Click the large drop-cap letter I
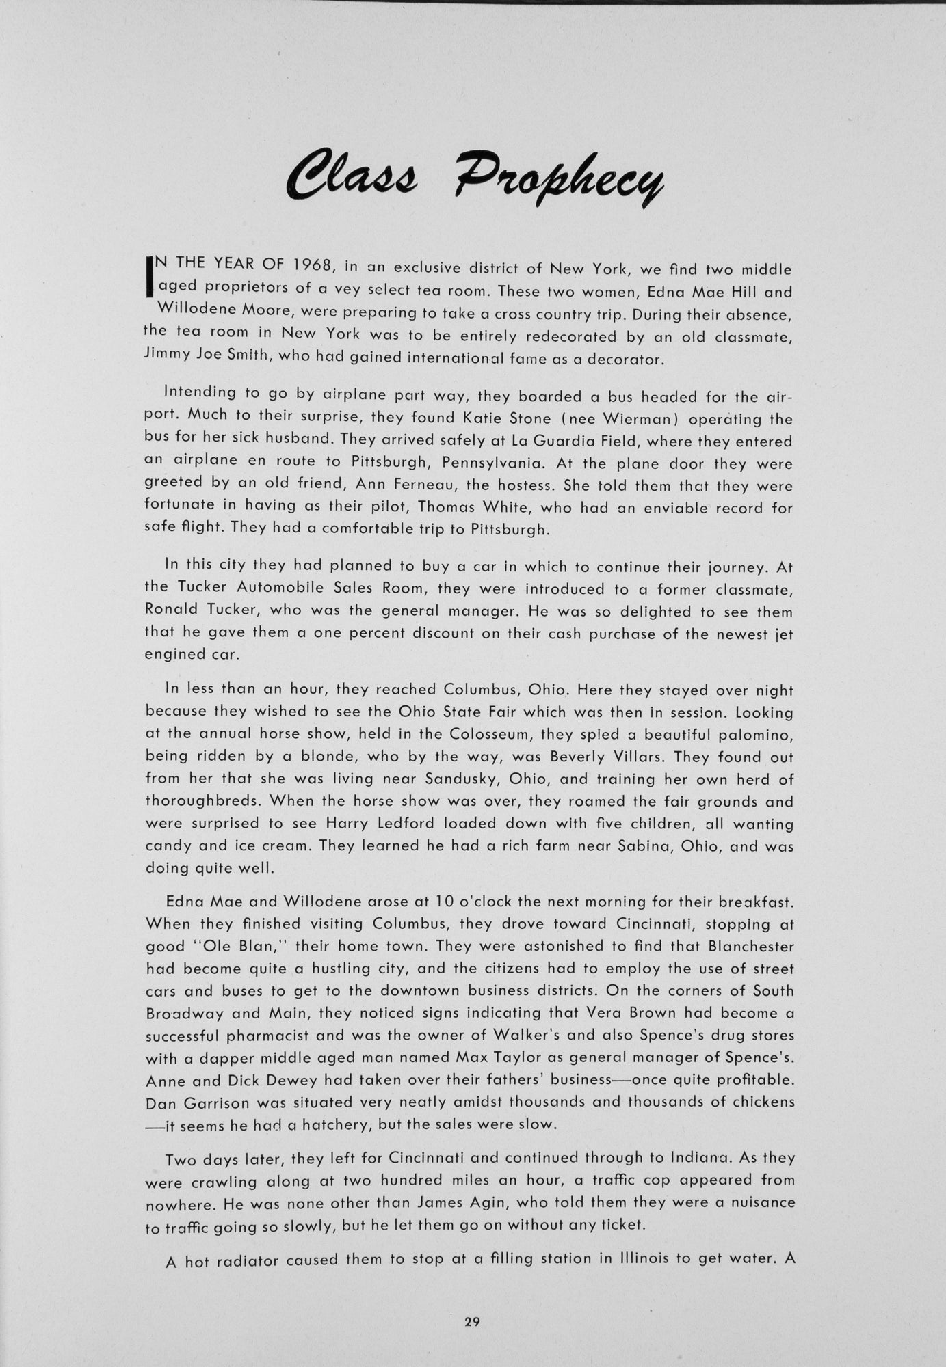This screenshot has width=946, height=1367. (149, 278)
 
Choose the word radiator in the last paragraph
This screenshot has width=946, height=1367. (247, 1260)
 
